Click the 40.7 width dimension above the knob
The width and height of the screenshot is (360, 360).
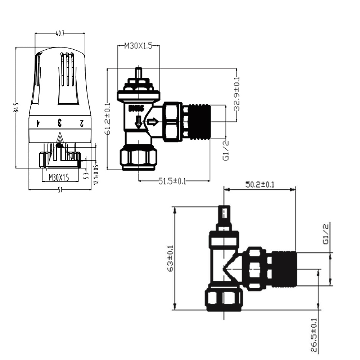(60, 34)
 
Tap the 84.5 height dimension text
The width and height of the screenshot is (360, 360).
(16, 107)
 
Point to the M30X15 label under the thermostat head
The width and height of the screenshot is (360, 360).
(59, 177)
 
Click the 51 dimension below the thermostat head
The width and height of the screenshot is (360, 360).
(60, 190)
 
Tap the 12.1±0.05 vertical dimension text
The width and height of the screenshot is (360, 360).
(96, 175)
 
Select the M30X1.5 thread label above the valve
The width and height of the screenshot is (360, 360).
(139, 46)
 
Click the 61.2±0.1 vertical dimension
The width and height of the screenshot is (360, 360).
(108, 119)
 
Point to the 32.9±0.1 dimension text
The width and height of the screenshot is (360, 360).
(237, 94)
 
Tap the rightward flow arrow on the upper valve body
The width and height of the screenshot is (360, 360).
(153, 122)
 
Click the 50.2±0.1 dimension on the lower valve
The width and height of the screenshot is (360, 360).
(260, 185)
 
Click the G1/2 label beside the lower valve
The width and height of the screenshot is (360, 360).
(326, 234)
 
